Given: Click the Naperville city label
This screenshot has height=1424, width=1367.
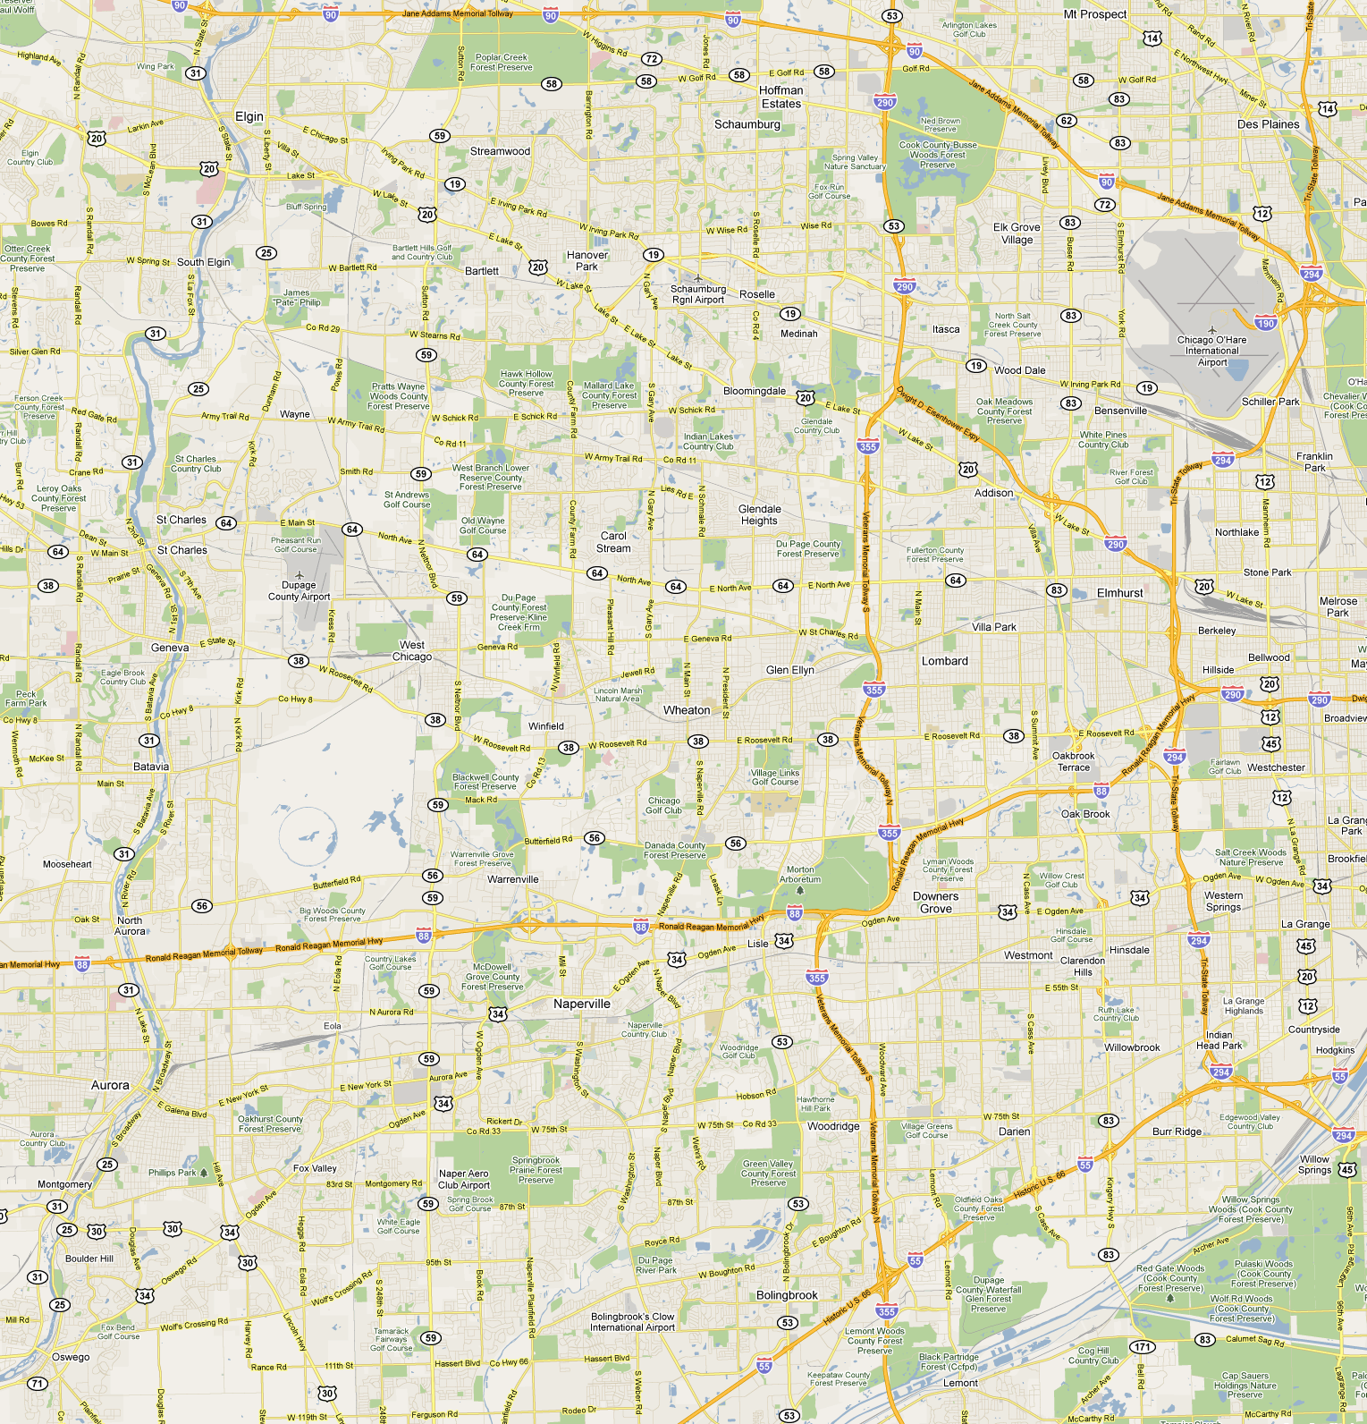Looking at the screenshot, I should click(581, 1004).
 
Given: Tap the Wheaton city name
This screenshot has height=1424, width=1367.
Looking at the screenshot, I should click(687, 710).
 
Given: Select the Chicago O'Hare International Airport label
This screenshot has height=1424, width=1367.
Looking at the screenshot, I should click(1211, 351).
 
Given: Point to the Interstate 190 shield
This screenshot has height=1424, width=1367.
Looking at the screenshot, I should click(1265, 323).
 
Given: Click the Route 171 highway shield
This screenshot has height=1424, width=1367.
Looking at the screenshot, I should click(1142, 1346).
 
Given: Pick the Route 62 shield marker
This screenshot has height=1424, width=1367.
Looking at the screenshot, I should click(1066, 121).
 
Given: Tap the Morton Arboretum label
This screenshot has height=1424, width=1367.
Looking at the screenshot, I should click(800, 874).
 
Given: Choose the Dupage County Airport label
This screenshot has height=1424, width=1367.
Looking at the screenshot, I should click(299, 590).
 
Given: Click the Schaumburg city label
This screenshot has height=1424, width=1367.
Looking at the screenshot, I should click(747, 124).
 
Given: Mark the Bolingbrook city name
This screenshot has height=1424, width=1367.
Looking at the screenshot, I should click(787, 1295).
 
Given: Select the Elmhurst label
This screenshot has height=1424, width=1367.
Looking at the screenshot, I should click(1119, 593).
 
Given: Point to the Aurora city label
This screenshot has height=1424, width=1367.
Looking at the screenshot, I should click(110, 1085).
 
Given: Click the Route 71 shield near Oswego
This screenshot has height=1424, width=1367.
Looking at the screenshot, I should click(37, 1383).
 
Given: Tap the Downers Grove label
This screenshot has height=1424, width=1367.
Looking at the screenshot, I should click(935, 903).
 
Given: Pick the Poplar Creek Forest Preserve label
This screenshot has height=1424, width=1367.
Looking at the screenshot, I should click(501, 62).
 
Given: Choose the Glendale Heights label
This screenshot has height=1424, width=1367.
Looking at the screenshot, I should click(759, 514).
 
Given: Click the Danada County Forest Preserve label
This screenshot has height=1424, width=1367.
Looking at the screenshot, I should click(675, 850).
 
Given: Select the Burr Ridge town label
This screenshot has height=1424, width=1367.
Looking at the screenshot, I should click(1177, 1132).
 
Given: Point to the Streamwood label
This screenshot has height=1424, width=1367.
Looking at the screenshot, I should click(500, 151).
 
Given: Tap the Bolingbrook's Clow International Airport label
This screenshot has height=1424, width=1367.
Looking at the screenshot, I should click(632, 1322).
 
